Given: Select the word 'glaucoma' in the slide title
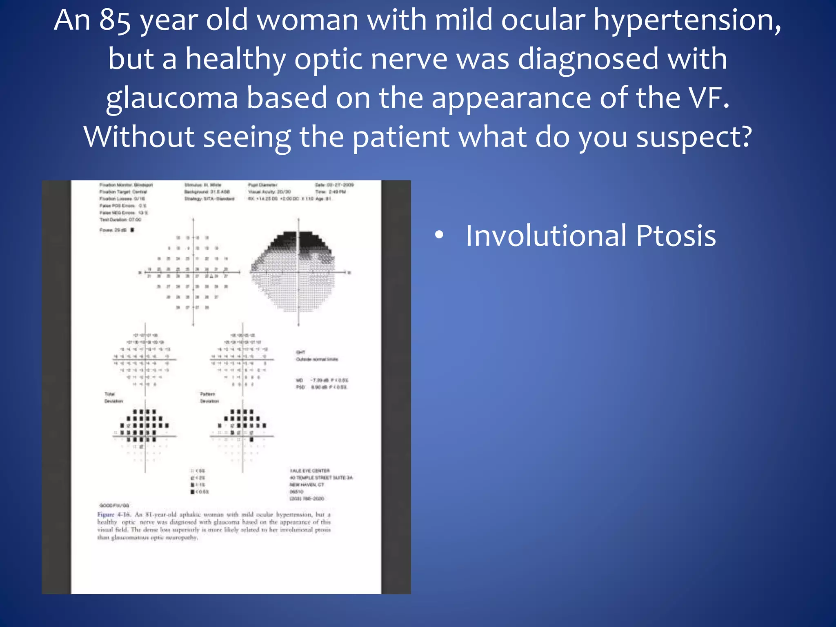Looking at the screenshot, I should coord(172,98).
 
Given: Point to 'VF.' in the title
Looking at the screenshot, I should coord(709,98).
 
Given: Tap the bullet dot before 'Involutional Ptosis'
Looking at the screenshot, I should coord(439,235).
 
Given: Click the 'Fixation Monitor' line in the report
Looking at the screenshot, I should coord(126,185).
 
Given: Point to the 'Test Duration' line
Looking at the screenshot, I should coord(120,220).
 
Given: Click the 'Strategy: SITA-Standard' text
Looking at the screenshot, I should coord(209,199).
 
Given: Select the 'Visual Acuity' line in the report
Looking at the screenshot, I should coord(269,192).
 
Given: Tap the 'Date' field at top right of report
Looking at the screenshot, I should coord(334,185).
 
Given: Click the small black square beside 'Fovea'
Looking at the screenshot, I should coord(132,230).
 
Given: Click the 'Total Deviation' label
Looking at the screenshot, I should coord(113,398).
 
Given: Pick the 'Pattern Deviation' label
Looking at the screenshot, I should coord(209,398).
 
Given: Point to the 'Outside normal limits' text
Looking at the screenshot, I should coord(317,359).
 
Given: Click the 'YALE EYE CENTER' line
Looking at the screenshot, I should coord(309,471).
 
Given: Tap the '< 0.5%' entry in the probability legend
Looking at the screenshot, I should coord(200,492).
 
